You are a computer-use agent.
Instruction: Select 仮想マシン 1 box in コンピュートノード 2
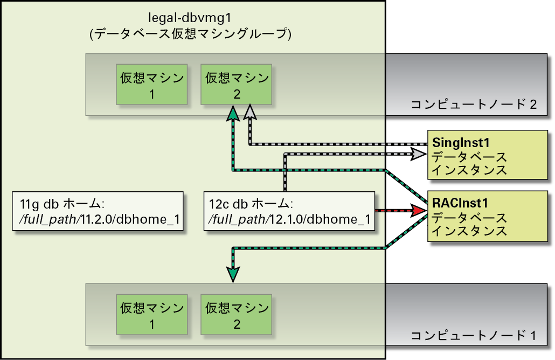(x=151, y=84)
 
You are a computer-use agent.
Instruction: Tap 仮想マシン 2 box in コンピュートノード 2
(x=236, y=84)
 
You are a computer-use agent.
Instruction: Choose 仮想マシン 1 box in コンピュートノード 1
(x=151, y=314)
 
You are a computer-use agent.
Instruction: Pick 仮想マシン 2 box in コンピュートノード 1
(x=236, y=314)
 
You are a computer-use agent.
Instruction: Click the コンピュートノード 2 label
(x=474, y=105)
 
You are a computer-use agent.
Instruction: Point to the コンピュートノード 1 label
(x=474, y=335)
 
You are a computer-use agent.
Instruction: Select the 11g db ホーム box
(x=98, y=211)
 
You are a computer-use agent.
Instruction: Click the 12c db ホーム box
(x=289, y=211)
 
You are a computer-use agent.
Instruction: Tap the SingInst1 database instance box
(x=488, y=155)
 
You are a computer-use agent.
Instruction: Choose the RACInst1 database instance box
(x=488, y=216)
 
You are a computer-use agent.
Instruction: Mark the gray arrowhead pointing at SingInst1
(x=418, y=154)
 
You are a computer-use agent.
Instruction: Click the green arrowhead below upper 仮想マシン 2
(x=233, y=114)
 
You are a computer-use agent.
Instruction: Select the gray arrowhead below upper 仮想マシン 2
(x=250, y=112)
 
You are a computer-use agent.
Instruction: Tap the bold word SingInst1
(x=461, y=143)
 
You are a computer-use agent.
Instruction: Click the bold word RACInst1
(x=460, y=203)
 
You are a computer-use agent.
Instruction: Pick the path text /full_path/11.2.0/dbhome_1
(x=100, y=219)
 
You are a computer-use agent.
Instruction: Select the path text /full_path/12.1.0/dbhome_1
(x=289, y=219)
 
